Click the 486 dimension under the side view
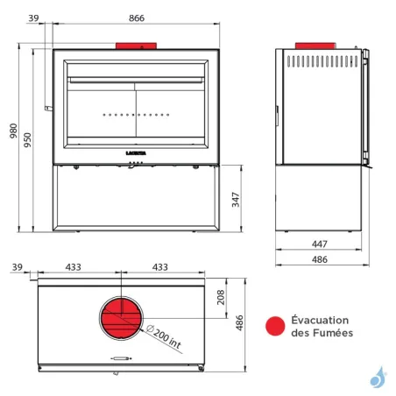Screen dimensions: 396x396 pos(319,259)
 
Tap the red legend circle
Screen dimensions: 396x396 pos(275,327)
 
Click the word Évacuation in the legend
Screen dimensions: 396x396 pos(321,320)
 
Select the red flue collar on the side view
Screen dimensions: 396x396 pos(313,45)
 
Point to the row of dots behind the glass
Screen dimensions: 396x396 pos(135,115)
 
